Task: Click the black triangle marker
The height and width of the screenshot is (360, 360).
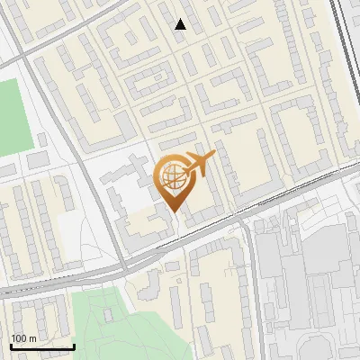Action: pos(181,24)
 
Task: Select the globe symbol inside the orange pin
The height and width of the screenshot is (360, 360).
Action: pos(171,176)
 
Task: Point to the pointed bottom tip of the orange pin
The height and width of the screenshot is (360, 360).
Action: pos(174,212)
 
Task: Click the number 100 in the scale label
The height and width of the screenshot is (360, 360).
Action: pos(20,338)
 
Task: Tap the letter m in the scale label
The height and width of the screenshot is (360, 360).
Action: pos(33,338)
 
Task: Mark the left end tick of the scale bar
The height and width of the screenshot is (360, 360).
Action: pos(11,346)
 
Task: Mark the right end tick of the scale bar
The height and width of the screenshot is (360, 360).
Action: pos(74,346)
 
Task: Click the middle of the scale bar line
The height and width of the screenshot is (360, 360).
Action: pos(42,346)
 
